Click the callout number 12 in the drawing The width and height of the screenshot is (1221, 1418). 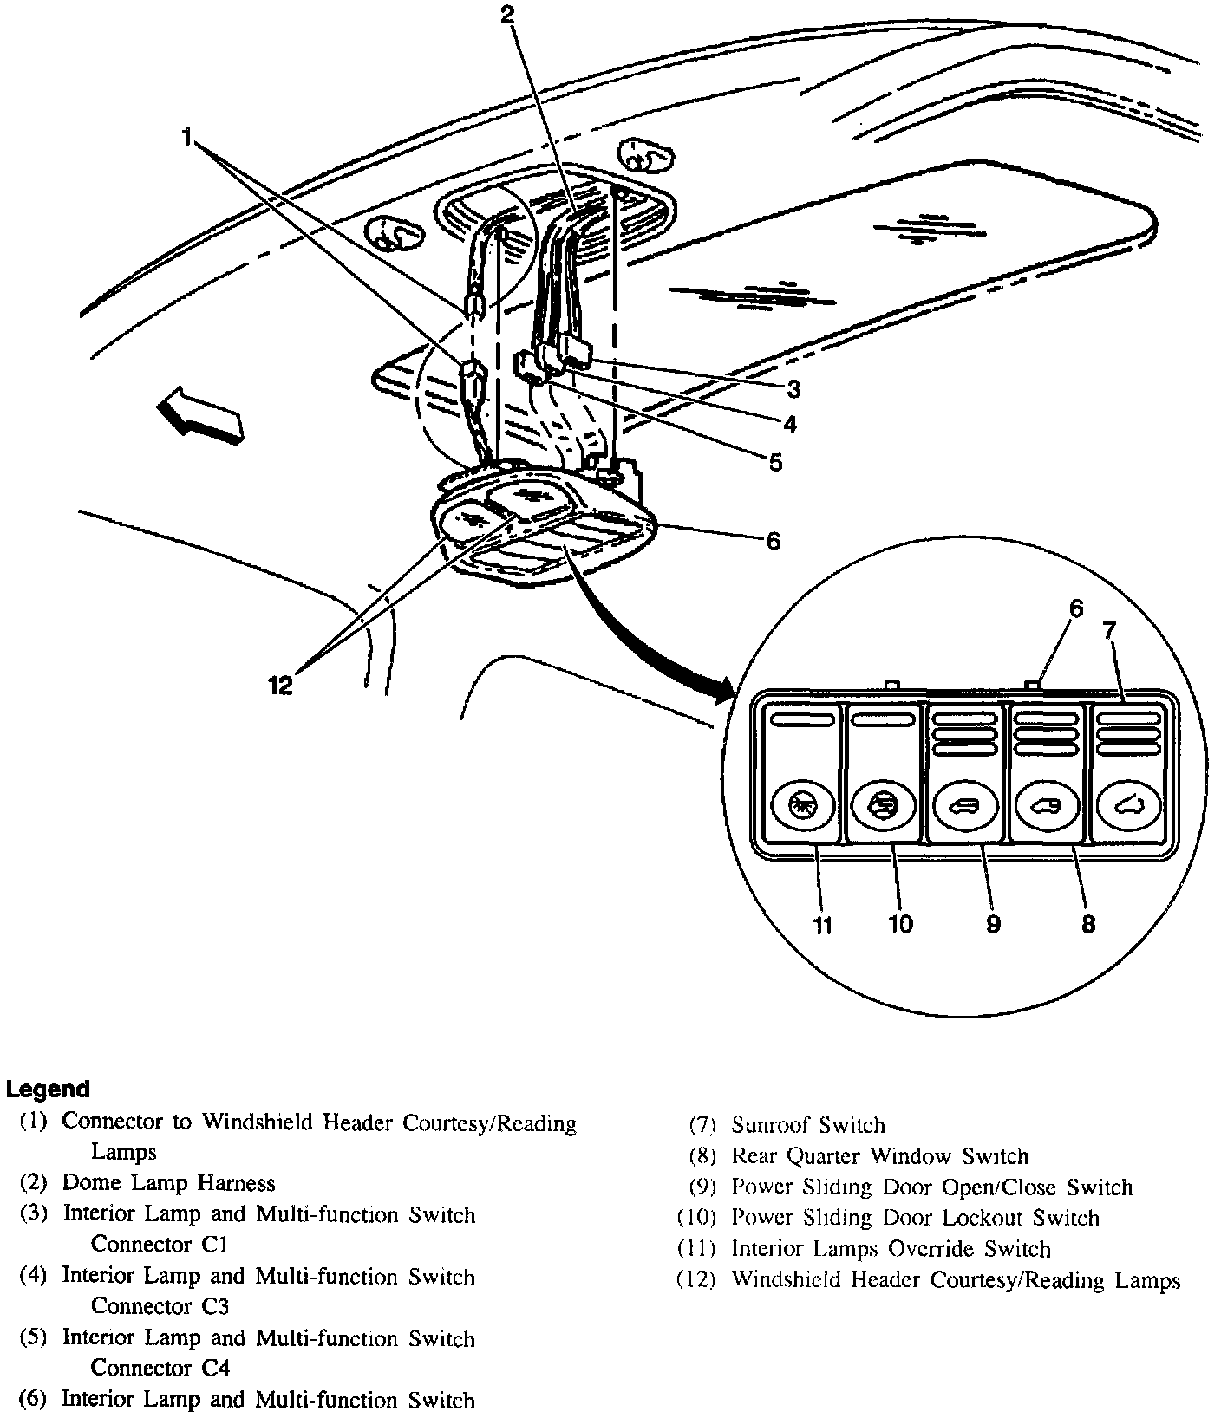pos(280,684)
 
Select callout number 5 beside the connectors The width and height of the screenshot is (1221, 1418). pos(774,462)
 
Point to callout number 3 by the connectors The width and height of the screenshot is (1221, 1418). pos(793,388)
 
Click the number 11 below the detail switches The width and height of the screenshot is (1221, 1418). pos(821,925)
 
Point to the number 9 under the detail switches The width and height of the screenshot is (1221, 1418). pos(994,924)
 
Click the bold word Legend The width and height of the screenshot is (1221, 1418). pos(48,1089)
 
